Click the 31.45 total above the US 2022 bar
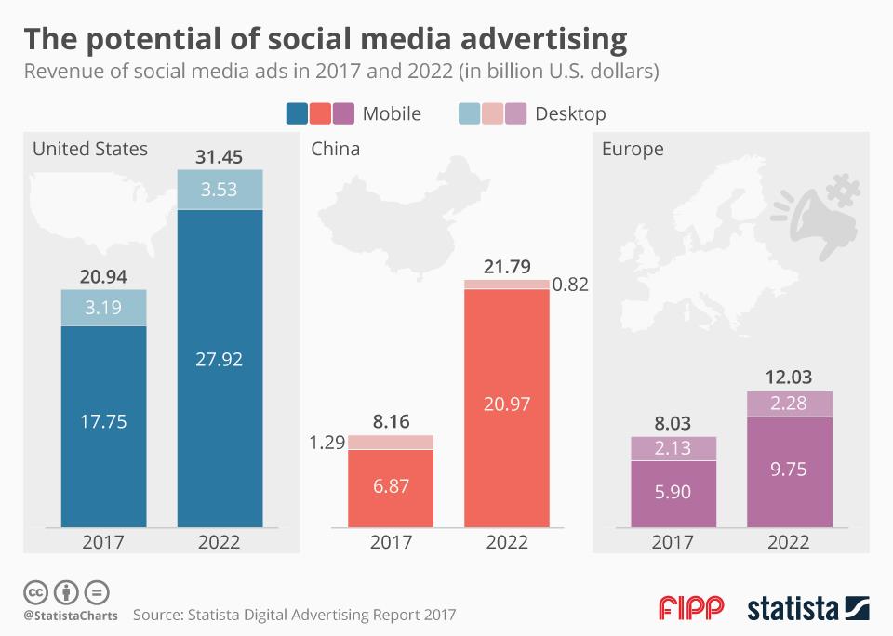tap(220, 156)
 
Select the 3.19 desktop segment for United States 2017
tap(103, 306)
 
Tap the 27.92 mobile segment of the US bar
tap(220, 359)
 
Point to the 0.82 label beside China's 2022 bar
tap(569, 285)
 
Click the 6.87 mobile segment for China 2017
tap(391, 486)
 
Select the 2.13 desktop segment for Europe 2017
tap(673, 448)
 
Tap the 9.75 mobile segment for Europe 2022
tap(789, 469)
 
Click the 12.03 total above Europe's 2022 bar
tap(789, 378)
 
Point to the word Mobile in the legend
tap(392, 113)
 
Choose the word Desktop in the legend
tap(570, 113)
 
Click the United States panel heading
tap(90, 149)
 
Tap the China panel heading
tap(336, 149)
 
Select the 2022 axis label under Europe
tap(789, 542)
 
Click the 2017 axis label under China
tap(391, 542)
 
